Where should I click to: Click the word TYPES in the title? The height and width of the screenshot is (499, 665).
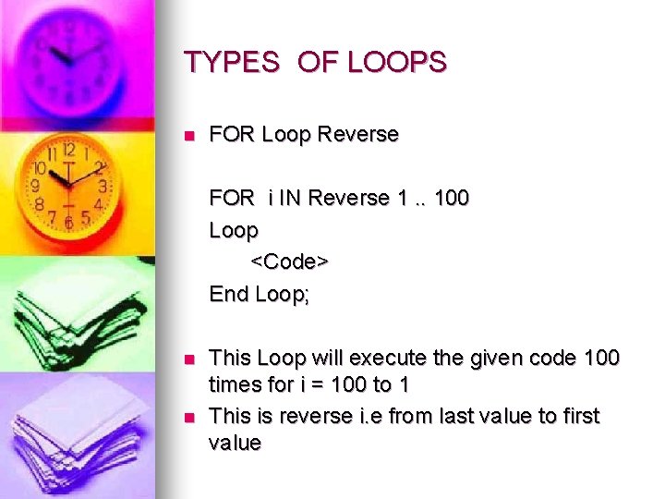231,63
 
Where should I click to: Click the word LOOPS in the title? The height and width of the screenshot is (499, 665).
397,63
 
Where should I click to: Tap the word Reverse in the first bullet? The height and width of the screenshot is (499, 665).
357,134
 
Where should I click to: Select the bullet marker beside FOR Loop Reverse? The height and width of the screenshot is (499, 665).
189,135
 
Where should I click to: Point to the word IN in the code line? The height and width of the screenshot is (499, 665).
291,198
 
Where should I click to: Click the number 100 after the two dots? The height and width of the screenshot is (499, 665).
451,198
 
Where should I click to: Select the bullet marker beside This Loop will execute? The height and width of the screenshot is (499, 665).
189,359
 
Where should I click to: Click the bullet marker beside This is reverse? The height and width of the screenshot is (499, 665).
189,418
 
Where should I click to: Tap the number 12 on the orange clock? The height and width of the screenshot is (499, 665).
68,150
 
